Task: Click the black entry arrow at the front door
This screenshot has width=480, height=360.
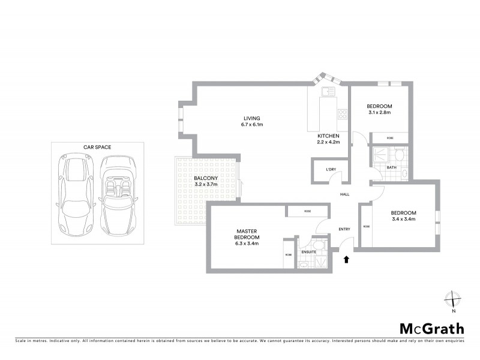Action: [346, 260]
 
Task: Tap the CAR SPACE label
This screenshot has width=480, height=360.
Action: [97, 147]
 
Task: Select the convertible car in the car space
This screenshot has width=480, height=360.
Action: [118, 196]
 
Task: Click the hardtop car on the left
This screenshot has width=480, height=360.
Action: [74, 196]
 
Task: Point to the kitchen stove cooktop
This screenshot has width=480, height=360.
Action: [343, 113]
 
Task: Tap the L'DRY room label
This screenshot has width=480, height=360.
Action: [331, 170]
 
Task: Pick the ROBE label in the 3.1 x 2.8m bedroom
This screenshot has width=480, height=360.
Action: [390, 138]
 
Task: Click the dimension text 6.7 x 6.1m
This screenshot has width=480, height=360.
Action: [250, 125]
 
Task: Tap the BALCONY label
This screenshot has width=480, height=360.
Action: [205, 179]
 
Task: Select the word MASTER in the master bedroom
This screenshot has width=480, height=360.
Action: [247, 230]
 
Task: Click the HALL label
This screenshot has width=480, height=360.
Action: [344, 194]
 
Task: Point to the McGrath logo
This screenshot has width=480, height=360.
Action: [432, 328]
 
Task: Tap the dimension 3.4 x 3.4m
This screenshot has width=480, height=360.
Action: [403, 219]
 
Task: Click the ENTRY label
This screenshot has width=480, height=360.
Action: [344, 229]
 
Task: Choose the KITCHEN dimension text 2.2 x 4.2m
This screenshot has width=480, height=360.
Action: [329, 142]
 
